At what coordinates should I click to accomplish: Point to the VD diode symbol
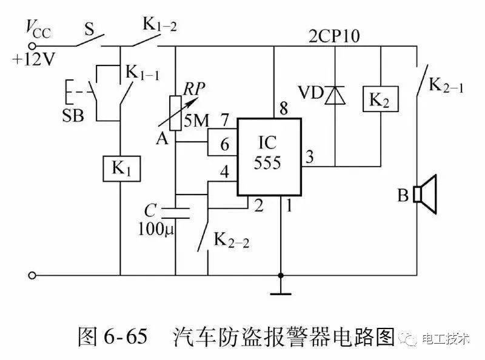point(335,95)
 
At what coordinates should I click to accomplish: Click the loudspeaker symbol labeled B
point(426,194)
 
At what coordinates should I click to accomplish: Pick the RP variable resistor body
point(175,113)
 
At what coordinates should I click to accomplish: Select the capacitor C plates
point(175,213)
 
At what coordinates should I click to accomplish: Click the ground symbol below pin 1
point(281,293)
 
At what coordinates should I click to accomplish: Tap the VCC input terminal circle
point(32,47)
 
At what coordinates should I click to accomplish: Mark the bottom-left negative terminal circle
point(32,275)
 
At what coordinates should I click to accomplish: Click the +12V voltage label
point(34,59)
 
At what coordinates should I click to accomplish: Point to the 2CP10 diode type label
point(335,36)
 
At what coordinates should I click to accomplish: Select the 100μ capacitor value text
point(156,230)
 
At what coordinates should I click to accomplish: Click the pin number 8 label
point(284,108)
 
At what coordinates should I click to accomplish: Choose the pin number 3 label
point(310,157)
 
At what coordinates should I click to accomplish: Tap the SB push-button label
point(73,116)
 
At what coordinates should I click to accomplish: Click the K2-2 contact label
point(232,240)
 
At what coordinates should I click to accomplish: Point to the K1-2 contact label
point(159,24)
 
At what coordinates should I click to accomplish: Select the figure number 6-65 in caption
point(125,336)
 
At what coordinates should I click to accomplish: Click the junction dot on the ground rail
point(281,275)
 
